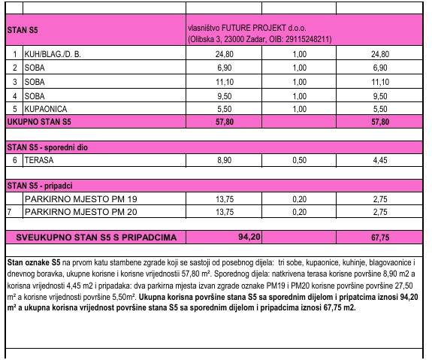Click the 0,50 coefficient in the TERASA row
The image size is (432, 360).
point(299,160)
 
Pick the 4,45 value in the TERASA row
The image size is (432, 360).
point(379,160)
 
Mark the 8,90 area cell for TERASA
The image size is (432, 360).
point(224,160)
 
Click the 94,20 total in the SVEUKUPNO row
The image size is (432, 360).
point(249,237)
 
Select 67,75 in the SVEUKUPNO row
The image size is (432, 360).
point(379,237)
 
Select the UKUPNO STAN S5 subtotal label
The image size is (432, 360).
point(38,121)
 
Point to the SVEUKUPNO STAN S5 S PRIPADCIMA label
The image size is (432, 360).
point(96,237)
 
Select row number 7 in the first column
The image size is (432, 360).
point(9,213)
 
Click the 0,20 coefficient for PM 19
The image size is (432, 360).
point(299,200)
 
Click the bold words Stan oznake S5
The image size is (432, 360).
point(33,262)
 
